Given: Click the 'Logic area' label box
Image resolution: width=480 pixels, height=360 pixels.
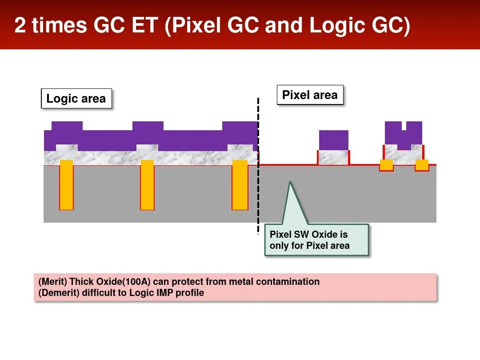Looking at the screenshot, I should (76, 99).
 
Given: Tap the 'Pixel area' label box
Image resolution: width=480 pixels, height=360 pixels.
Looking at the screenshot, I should (310, 95).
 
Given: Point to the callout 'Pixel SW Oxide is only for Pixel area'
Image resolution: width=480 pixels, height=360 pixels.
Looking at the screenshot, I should (316, 240).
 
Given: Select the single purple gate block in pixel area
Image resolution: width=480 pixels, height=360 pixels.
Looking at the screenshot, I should (333, 140).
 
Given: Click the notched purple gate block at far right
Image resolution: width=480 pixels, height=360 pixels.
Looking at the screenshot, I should (404, 136).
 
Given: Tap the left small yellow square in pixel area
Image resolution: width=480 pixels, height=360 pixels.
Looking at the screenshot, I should (386, 165).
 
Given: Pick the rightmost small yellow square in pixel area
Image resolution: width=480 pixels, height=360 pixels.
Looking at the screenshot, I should (422, 165).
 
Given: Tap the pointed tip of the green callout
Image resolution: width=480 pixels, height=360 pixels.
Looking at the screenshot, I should (290, 182).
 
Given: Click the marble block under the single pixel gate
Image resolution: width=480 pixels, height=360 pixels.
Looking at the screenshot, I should (333, 157).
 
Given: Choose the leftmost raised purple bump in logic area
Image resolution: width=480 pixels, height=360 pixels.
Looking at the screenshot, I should (67, 126).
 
